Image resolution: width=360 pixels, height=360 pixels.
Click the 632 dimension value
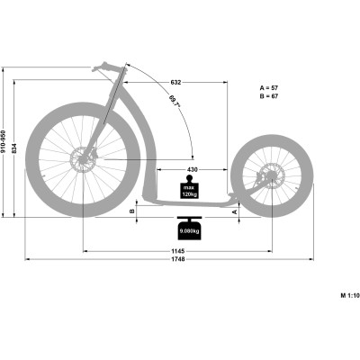coord(175,82)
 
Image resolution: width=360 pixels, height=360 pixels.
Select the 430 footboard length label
coord(193,170)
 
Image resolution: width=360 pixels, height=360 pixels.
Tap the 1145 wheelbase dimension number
coord(178,251)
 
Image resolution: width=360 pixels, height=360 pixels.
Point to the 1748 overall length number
coord(178,259)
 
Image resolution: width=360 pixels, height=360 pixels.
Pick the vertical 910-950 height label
coord(3,141)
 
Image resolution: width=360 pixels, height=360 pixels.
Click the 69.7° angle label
coord(174,102)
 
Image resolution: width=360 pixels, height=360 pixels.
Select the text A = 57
coord(269,88)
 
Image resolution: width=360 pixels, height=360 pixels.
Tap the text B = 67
coord(269,96)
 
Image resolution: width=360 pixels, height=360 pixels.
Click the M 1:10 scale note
coord(350,295)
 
